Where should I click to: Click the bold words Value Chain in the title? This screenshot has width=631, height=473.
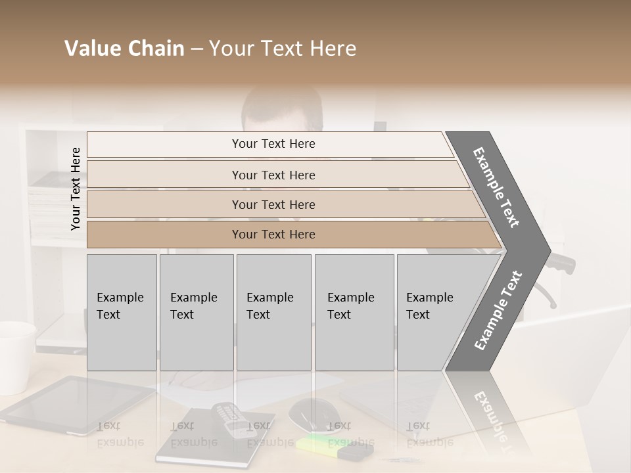click(x=124, y=49)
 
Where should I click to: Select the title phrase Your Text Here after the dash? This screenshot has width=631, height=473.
click(x=283, y=49)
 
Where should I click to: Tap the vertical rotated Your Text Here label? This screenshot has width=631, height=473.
click(x=76, y=189)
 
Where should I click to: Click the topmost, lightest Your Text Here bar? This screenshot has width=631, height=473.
click(x=273, y=144)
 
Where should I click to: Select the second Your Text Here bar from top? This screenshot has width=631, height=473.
click(x=273, y=175)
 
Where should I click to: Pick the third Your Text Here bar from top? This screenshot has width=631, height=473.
click(x=273, y=204)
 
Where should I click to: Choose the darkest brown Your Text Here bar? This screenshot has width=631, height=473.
click(x=273, y=235)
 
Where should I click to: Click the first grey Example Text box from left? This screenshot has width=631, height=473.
click(x=122, y=312)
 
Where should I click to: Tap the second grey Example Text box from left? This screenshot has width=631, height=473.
click(x=196, y=312)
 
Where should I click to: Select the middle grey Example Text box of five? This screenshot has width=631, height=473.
click(x=273, y=312)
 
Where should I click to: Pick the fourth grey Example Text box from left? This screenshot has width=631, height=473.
click(x=354, y=312)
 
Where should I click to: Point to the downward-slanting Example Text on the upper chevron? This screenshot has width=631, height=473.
click(x=497, y=187)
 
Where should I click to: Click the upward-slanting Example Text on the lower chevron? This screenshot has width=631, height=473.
click(x=498, y=310)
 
